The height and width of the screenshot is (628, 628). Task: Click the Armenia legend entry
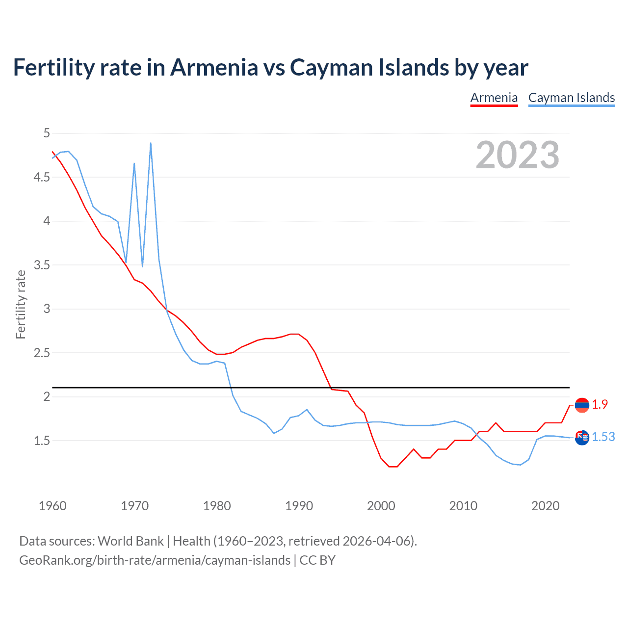coord(494,98)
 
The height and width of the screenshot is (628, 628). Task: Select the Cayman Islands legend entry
coord(571,98)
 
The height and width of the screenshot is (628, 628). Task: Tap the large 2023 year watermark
coord(517,155)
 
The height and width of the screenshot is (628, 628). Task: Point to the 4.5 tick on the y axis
coord(42,177)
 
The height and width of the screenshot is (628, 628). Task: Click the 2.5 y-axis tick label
coord(42,353)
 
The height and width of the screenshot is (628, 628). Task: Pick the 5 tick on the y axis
coord(47,133)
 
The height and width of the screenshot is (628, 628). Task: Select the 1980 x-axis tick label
coord(216,506)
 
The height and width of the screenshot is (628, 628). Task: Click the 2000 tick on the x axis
coord(381,506)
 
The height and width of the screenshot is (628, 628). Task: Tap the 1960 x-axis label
coord(52,506)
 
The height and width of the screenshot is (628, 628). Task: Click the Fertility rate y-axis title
coord(21,304)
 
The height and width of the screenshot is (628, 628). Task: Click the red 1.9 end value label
coord(600,404)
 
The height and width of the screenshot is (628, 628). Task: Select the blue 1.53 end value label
coord(603,437)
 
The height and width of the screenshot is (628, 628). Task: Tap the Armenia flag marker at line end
coord(582,405)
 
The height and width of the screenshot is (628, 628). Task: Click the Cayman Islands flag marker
coord(582,437)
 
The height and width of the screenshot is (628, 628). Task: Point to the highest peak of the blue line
coord(151,143)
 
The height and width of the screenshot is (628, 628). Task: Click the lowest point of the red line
coord(393,467)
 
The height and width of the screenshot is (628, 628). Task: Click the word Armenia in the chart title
coord(214,67)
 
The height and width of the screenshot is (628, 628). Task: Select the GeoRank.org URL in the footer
coord(155,560)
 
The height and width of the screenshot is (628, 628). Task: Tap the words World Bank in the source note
coord(131,541)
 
